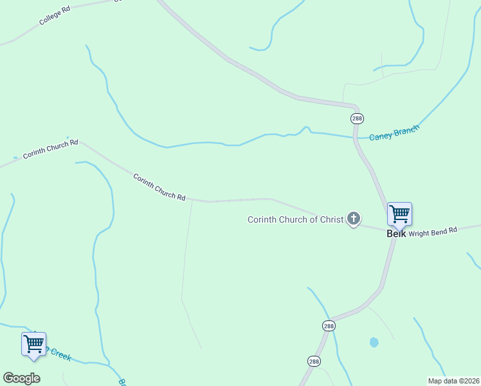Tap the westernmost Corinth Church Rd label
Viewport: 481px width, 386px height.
point(50,149)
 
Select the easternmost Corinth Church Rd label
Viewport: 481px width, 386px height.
point(159,186)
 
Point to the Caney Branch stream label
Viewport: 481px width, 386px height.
point(394,133)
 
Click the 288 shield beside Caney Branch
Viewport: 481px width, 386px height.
point(358,118)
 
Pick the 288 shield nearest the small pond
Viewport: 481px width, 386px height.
point(329,326)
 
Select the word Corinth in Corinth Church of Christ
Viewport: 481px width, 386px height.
point(264,220)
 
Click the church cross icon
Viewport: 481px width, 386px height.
point(353,219)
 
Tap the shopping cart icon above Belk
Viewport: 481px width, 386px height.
point(399,214)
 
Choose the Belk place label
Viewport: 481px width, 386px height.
point(396,234)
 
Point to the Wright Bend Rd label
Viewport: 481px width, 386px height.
point(432,231)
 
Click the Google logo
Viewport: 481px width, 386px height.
point(21,378)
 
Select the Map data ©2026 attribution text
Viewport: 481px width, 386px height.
point(453,381)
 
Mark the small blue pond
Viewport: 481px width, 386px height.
point(374,342)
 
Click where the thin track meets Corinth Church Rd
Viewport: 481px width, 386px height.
point(192,201)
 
